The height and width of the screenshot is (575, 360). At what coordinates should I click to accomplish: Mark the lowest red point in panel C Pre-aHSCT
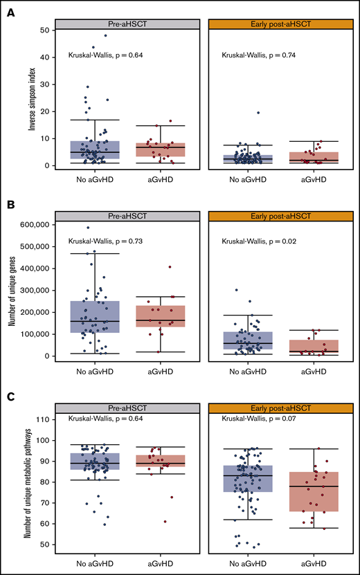point(165,522)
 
